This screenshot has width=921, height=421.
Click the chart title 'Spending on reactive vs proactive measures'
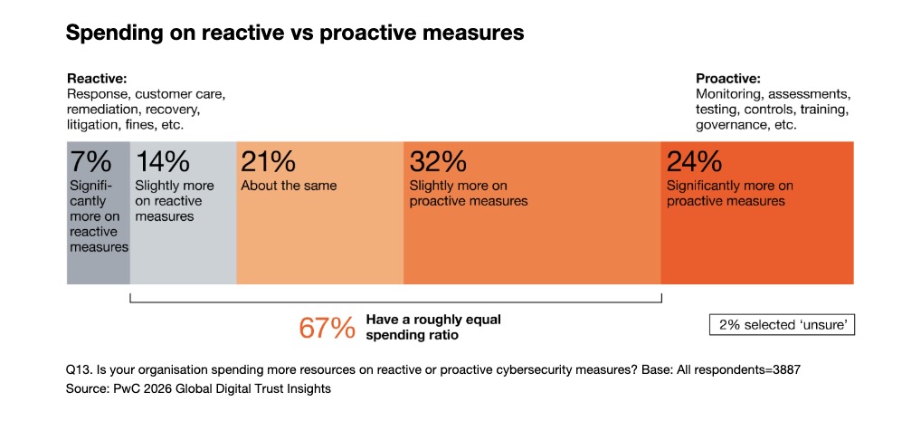(x=295, y=33)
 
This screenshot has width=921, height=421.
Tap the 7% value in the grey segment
(x=91, y=162)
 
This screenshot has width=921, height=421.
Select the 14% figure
(x=162, y=162)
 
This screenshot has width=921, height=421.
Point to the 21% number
(x=268, y=162)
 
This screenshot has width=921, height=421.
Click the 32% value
(x=438, y=162)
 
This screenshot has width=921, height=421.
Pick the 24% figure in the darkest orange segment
(x=694, y=162)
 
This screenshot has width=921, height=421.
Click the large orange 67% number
(x=327, y=329)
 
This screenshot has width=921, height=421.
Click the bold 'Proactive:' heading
(x=728, y=79)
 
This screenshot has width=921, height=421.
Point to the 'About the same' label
(x=289, y=186)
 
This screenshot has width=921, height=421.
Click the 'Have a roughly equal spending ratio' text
(x=433, y=327)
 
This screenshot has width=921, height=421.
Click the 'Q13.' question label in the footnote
(x=79, y=370)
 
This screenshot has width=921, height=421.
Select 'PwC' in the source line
(x=123, y=388)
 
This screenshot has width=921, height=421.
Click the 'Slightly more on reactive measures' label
(x=175, y=201)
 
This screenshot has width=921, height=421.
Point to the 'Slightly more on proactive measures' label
(x=469, y=193)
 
